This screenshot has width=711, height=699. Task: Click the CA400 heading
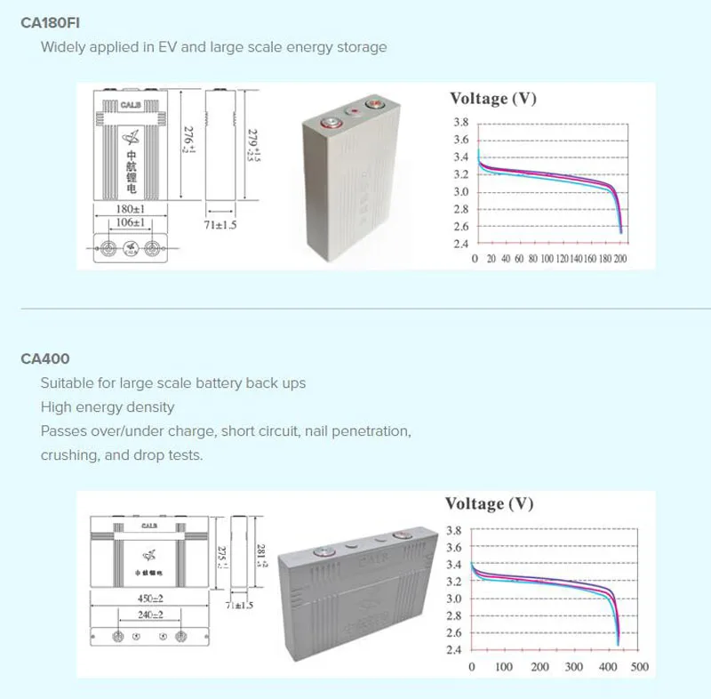click(x=45, y=359)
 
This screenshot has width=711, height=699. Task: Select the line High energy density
click(x=108, y=406)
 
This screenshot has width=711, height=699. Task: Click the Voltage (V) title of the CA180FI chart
click(x=493, y=98)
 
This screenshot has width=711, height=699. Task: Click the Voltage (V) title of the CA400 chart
click(x=490, y=503)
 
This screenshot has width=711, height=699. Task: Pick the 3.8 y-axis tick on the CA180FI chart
click(x=460, y=123)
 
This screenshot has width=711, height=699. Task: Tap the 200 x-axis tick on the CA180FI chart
click(x=620, y=259)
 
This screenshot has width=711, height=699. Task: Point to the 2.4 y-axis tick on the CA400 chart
click(x=453, y=650)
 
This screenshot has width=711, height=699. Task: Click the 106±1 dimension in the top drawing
click(x=131, y=221)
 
